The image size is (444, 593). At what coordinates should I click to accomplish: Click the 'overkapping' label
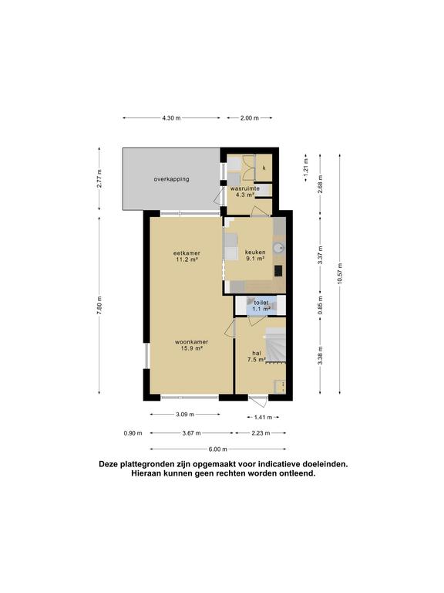click(171, 179)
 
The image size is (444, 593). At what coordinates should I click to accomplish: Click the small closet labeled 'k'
click(264, 168)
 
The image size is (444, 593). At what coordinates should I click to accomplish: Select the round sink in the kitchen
click(279, 247)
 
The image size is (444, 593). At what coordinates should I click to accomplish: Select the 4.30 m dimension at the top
click(171, 118)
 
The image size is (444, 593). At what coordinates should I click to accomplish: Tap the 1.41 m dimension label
click(263, 417)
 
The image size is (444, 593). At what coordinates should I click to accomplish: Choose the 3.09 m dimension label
click(184, 415)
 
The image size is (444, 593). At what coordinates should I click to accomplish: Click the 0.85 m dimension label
click(319, 305)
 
